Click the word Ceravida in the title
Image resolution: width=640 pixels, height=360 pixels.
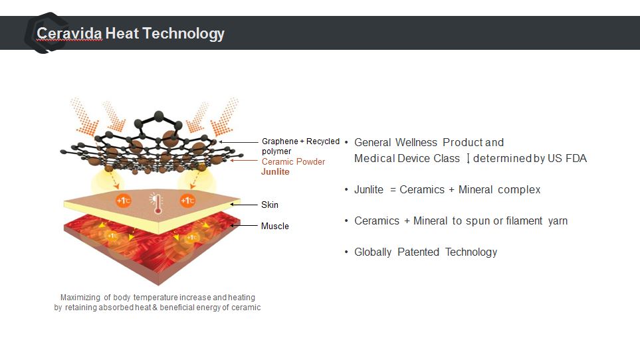[69, 33]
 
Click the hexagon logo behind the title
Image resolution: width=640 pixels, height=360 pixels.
[46, 33]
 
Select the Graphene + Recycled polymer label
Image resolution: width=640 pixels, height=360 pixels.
[300, 146]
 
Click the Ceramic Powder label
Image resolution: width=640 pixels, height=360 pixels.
[294, 162]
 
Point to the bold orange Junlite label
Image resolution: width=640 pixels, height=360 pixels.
[275, 172]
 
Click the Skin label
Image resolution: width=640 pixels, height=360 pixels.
[270, 205]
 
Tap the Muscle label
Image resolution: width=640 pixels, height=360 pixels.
[274, 226]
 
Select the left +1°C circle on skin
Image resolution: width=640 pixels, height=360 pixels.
[123, 201]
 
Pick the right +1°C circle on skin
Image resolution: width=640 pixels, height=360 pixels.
[187, 201]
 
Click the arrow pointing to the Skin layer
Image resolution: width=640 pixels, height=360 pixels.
[244, 205]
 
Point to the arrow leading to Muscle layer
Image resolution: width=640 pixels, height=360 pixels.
[244, 225]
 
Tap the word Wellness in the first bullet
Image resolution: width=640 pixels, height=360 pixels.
[416, 142]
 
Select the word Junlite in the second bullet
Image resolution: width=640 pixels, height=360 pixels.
[369, 189]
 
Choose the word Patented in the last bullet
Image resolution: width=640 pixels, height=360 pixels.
[419, 252]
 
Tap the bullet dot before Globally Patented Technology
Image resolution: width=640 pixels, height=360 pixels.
[346, 252]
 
